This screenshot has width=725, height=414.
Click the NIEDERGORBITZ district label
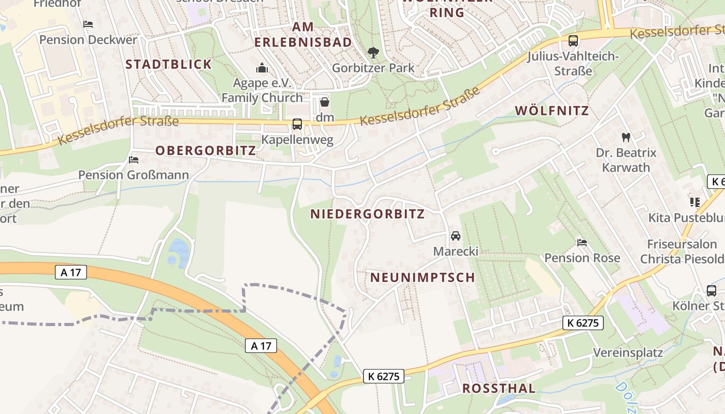click(x=367, y=214)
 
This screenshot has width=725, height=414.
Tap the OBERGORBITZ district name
click(x=206, y=151)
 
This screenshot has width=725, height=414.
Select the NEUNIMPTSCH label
click(x=423, y=277)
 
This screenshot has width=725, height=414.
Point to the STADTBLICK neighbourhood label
click(x=169, y=64)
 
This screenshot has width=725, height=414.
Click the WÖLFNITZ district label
click(x=552, y=110)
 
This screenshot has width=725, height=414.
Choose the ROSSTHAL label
click(x=499, y=389)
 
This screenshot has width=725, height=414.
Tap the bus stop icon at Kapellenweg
click(x=297, y=124)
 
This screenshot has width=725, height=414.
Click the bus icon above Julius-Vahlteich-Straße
click(x=573, y=41)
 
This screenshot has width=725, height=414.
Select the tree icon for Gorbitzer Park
click(x=373, y=52)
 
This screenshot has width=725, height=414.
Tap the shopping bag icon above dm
click(x=325, y=102)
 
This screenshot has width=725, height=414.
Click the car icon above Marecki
click(x=456, y=236)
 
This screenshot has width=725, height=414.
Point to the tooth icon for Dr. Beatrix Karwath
click(x=626, y=137)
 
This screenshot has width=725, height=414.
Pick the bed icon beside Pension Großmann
click(x=134, y=160)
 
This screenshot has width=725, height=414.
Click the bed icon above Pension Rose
click(x=582, y=243)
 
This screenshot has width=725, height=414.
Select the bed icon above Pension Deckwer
click(x=88, y=24)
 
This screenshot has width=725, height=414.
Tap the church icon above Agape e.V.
click(x=262, y=68)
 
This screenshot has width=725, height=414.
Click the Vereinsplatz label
click(x=628, y=353)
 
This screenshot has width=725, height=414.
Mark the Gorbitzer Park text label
click(x=373, y=68)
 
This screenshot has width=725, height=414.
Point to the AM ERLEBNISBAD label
click(x=303, y=34)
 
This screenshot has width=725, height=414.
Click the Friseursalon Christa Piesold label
click(x=682, y=252)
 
